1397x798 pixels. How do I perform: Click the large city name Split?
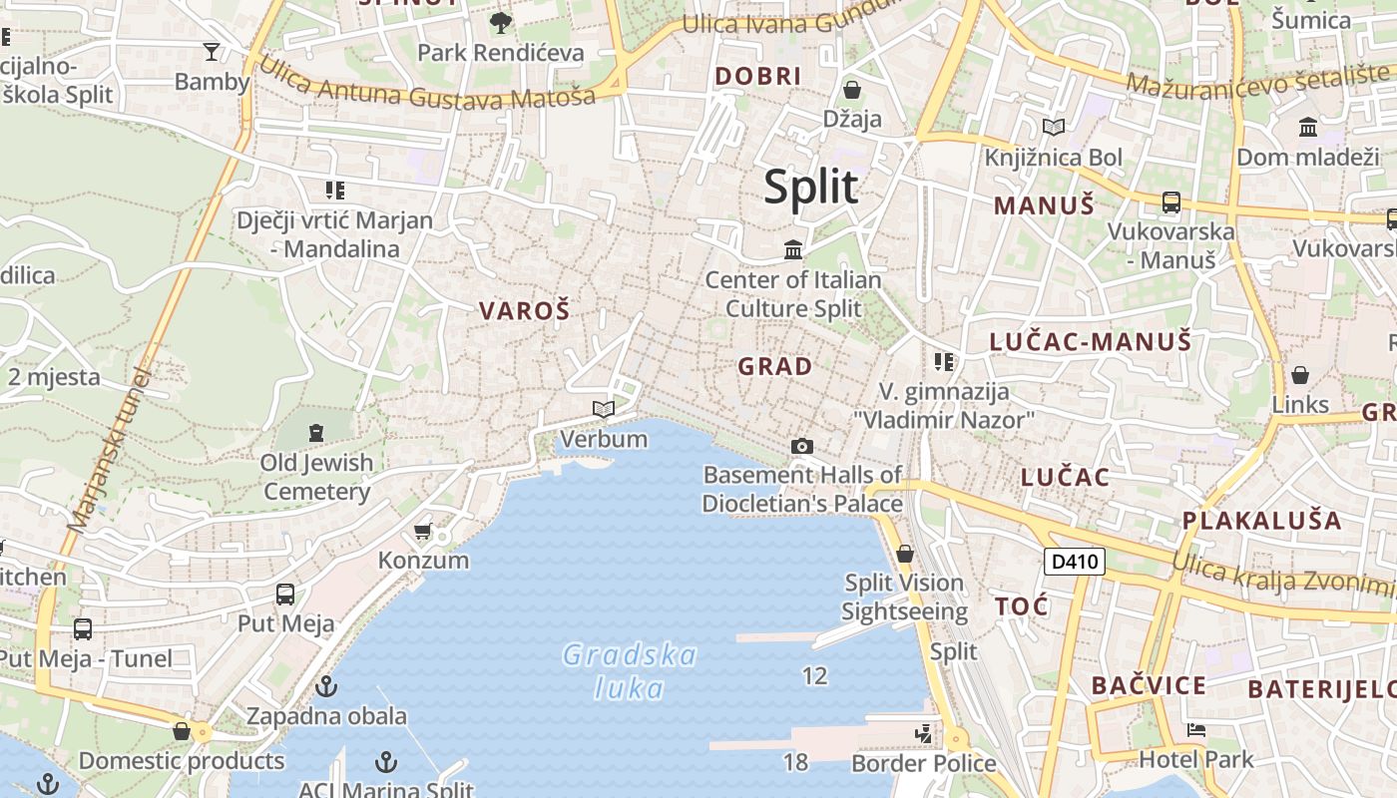pyautogui.click(x=810, y=188)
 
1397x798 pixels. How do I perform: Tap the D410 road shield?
pyautogui.click(x=1075, y=562)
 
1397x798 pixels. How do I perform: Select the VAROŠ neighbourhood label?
pyautogui.click(x=524, y=311)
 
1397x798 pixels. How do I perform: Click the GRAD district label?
pyautogui.click(x=774, y=367)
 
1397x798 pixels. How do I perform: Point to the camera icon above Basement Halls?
pyautogui.click(x=801, y=446)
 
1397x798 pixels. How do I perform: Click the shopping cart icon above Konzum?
pyautogui.click(x=423, y=531)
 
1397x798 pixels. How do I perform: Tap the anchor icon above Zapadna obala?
pyautogui.click(x=325, y=686)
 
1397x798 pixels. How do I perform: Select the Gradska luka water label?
pyautogui.click(x=630, y=671)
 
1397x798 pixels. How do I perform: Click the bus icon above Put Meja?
pyautogui.click(x=285, y=595)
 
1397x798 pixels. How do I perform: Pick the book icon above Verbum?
pyautogui.click(x=603, y=409)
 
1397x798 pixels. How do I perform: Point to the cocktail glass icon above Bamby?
pyautogui.click(x=212, y=52)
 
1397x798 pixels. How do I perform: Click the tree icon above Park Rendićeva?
pyautogui.click(x=500, y=22)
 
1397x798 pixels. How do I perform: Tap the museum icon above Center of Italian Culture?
pyautogui.click(x=793, y=248)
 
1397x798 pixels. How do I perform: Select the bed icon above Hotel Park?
pyautogui.click(x=1195, y=731)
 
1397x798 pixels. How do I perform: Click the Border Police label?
pyautogui.click(x=923, y=764)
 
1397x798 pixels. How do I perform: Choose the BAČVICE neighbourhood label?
pyautogui.click(x=1149, y=686)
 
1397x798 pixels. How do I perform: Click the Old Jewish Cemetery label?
pyautogui.click(x=316, y=477)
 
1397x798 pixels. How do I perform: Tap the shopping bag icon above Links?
pyautogui.click(x=1299, y=375)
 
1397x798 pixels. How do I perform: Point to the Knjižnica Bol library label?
pyautogui.click(x=1053, y=158)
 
